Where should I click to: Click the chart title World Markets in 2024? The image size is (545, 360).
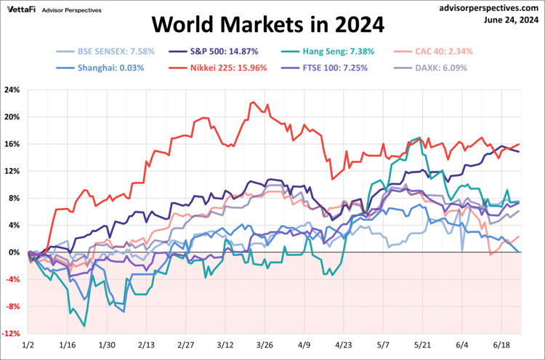coord(267,26)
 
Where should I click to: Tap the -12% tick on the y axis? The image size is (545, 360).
coord(11,334)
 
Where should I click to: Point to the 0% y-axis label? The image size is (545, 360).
coord(15,252)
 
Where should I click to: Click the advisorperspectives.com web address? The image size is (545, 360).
coord(491,7)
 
